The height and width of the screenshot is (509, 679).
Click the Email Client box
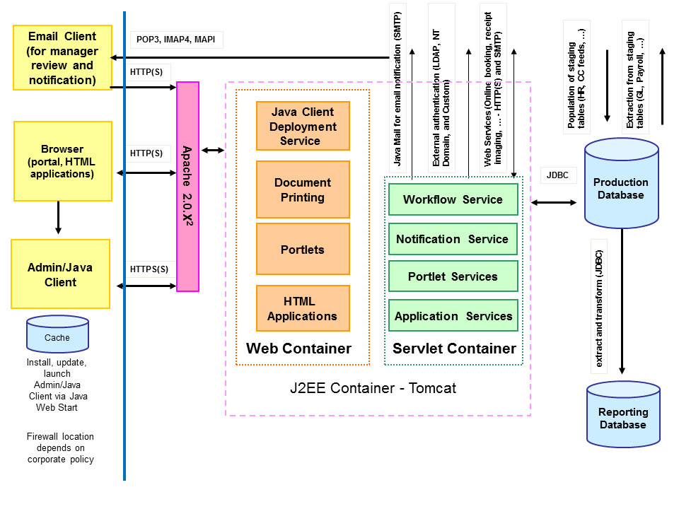[x=62, y=58]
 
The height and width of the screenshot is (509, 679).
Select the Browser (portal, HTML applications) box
[x=62, y=161]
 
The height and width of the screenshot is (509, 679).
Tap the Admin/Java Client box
[x=61, y=274]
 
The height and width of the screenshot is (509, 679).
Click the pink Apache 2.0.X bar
[x=187, y=187]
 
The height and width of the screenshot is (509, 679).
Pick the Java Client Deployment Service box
[x=303, y=127]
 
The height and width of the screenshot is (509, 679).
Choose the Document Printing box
[x=303, y=189]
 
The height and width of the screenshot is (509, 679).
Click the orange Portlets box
[x=303, y=249]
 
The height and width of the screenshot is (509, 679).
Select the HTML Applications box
[x=303, y=309]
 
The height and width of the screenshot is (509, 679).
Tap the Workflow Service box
[x=453, y=199]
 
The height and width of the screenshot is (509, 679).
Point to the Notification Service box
[x=453, y=239]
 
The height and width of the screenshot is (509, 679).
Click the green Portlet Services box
[x=453, y=276]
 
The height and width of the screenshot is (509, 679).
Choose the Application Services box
[x=453, y=316]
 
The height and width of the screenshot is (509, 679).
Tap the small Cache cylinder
[x=57, y=335]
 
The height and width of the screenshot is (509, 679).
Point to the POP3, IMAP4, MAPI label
[x=176, y=40]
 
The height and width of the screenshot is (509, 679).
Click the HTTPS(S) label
[x=149, y=269]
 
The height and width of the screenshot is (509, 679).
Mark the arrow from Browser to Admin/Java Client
[x=58, y=219]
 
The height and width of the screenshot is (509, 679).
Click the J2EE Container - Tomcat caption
[x=373, y=388]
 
